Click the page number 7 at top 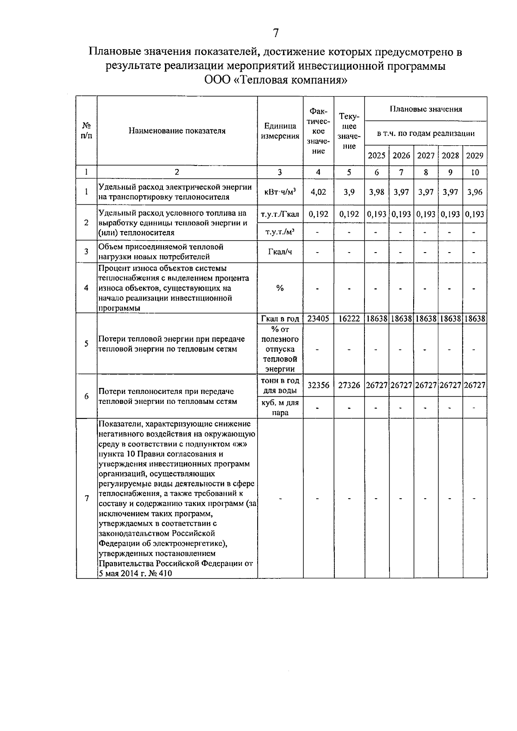276,33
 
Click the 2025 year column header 377,156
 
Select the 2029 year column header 475,156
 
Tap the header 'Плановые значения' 426,109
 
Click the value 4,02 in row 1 318,192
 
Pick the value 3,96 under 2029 475,192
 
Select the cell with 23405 318,319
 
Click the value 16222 349,319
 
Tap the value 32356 318,385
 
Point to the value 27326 349,385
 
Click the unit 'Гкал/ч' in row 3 280,252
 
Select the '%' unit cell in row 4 280,288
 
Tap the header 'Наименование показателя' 177,131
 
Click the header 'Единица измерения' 280,131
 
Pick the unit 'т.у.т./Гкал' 280,214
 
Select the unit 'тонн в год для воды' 280,386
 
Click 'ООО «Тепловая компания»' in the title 276,80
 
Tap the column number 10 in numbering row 475,172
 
